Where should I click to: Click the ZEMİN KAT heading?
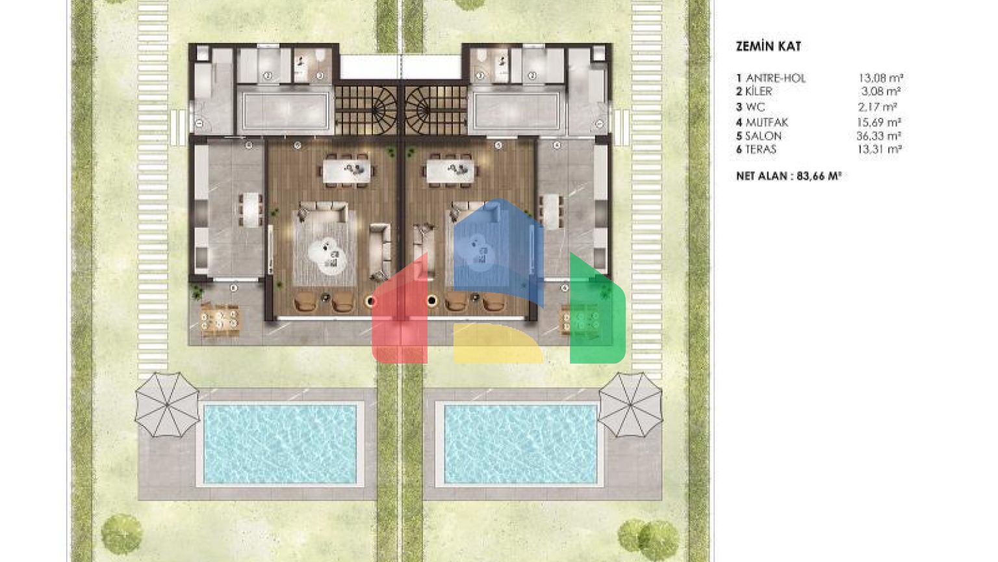[x=768, y=46]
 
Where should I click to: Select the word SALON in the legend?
[x=763, y=136]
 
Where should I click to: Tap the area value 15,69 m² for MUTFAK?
[x=879, y=122]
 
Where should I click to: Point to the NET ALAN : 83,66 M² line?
[x=789, y=176]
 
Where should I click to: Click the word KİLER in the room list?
[x=759, y=92]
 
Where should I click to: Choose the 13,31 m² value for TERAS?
[x=880, y=150]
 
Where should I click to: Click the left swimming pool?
[x=280, y=444]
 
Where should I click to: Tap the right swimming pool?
[x=520, y=444]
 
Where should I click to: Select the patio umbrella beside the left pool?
[x=167, y=405]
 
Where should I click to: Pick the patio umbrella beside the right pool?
[x=630, y=405]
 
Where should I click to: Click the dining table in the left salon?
[x=346, y=171]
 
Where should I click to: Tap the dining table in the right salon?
[x=451, y=171]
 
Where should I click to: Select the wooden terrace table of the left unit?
[x=220, y=320]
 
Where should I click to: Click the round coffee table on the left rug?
[x=327, y=256]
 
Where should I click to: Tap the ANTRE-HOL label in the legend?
[x=776, y=79]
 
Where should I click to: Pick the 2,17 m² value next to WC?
[x=877, y=107]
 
